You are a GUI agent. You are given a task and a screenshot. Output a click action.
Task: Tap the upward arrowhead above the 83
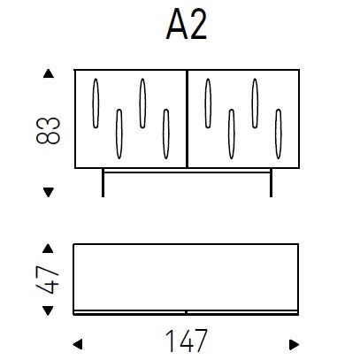tap(49, 73)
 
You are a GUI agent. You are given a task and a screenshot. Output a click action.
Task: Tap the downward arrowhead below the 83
tap(49, 190)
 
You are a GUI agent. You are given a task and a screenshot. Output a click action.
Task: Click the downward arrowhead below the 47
tap(49, 310)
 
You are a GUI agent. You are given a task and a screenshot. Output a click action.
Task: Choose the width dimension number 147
tap(186, 341)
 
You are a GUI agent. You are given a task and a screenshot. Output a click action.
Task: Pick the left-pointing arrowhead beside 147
tap(78, 343)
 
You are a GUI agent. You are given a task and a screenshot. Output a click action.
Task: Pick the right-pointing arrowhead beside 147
tap(294, 343)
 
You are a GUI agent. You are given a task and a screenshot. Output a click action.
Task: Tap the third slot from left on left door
tap(142, 103)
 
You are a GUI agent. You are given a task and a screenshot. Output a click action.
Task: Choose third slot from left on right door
tap(255, 103)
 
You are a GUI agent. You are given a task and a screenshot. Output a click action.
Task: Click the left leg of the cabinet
tap(103, 182)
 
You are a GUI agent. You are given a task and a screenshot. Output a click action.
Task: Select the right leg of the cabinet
tap(270, 182)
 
